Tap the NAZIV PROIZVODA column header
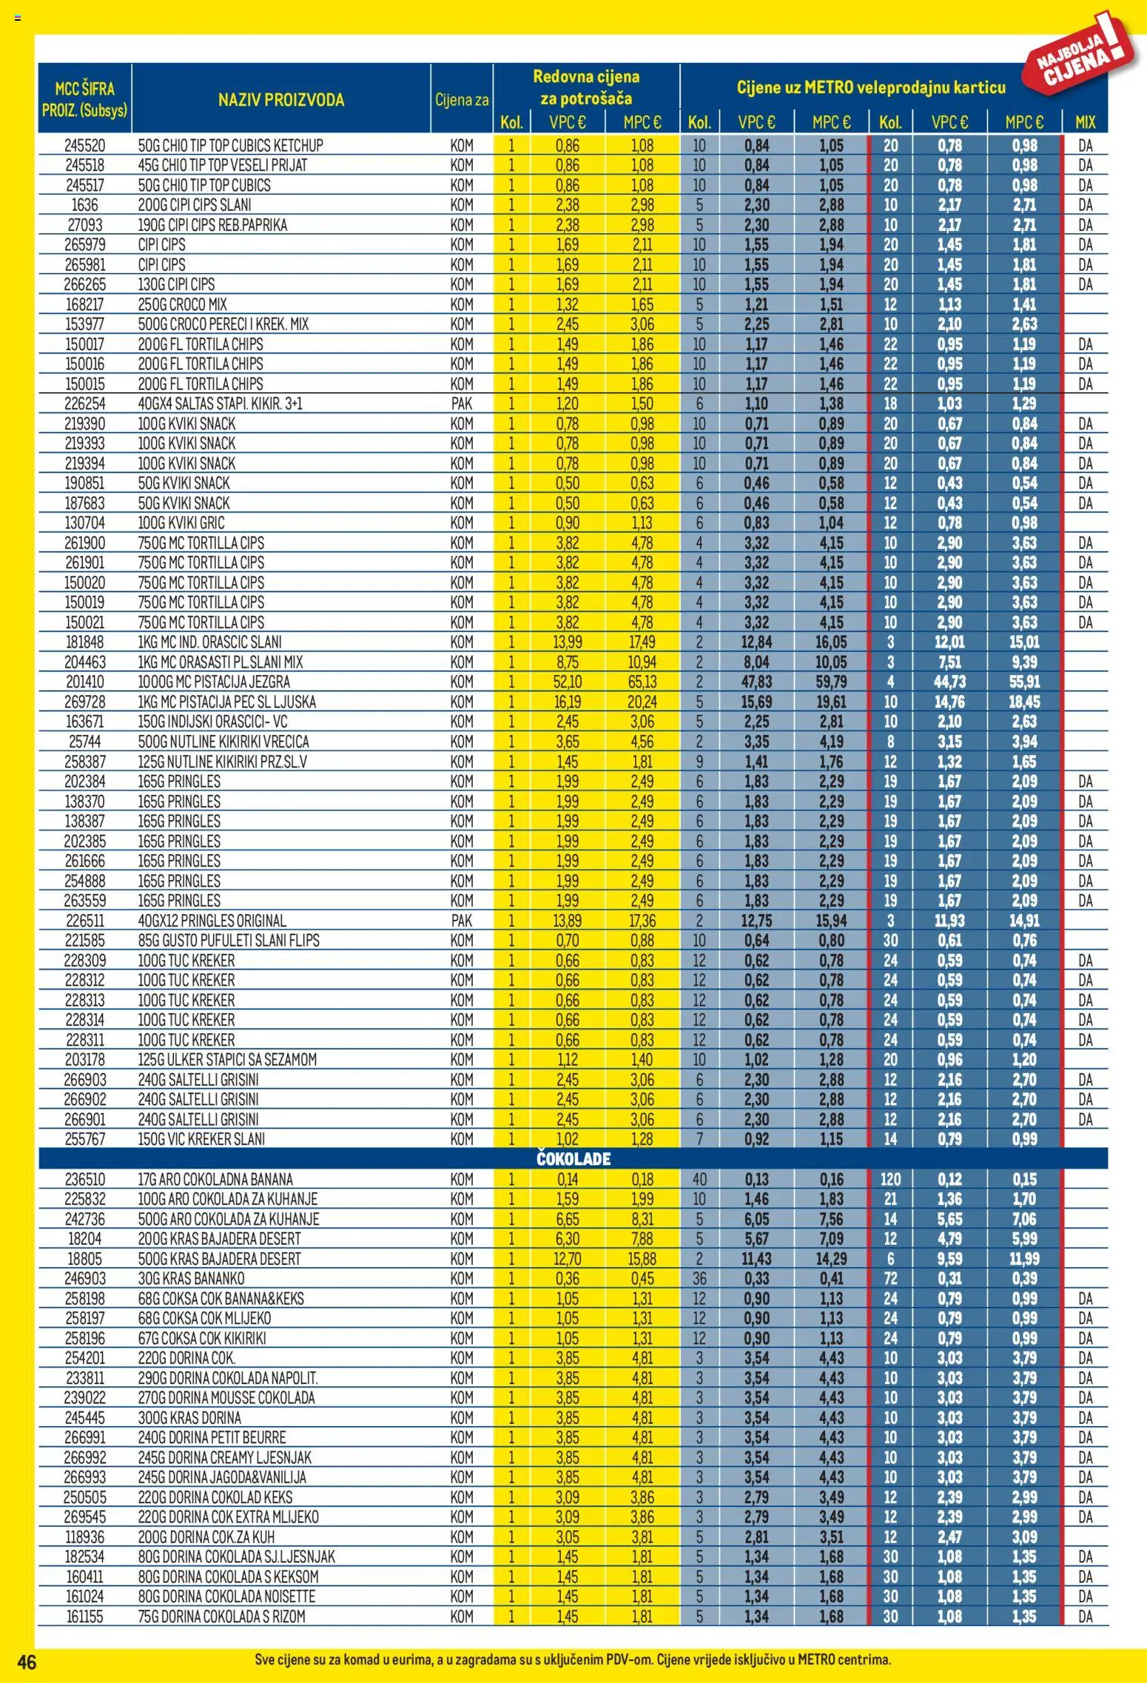click(280, 100)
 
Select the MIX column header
click(1085, 122)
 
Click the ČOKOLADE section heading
click(573, 1159)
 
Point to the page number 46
click(27, 1662)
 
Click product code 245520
click(84, 146)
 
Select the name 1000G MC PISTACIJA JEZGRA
click(214, 682)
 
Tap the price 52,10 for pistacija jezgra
click(568, 682)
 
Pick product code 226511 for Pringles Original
click(84, 921)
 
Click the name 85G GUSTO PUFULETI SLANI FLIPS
click(229, 941)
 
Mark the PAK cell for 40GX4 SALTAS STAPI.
click(461, 404)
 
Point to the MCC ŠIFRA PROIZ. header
click(84, 99)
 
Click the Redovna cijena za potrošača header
click(586, 87)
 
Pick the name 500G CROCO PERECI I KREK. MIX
click(223, 324)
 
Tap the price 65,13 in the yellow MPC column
click(642, 682)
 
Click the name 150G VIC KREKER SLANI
click(201, 1139)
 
